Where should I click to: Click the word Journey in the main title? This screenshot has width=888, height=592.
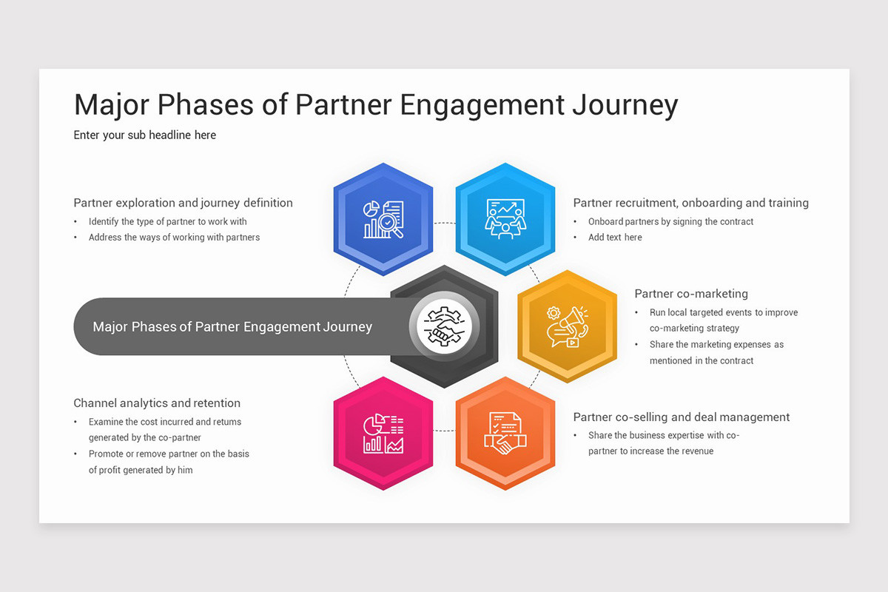[x=625, y=105]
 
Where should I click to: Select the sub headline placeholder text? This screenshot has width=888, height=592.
[x=145, y=135]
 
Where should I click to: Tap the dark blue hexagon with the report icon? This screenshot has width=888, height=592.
[x=383, y=219]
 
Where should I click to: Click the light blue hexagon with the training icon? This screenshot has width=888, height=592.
[x=505, y=219]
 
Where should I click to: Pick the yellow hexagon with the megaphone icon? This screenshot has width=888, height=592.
[x=567, y=326]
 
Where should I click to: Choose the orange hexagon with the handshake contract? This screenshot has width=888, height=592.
[x=505, y=434]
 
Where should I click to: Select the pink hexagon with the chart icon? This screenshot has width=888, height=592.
[x=383, y=434]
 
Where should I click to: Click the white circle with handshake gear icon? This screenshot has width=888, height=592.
[x=444, y=326]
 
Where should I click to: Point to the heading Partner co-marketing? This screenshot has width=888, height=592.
[x=691, y=294]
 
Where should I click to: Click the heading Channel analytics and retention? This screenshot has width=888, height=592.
[x=157, y=403]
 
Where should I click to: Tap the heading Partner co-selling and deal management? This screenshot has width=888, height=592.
[x=682, y=417]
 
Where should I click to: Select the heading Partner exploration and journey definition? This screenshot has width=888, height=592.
[x=183, y=203]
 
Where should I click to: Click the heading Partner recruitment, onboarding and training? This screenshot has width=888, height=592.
[x=690, y=203]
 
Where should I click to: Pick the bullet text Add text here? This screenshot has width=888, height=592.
[x=615, y=238]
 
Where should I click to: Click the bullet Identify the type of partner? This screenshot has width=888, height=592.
[x=168, y=221]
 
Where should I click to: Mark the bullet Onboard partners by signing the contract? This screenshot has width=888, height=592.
[x=670, y=221]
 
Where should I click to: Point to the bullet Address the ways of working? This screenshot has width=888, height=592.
[x=174, y=238]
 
